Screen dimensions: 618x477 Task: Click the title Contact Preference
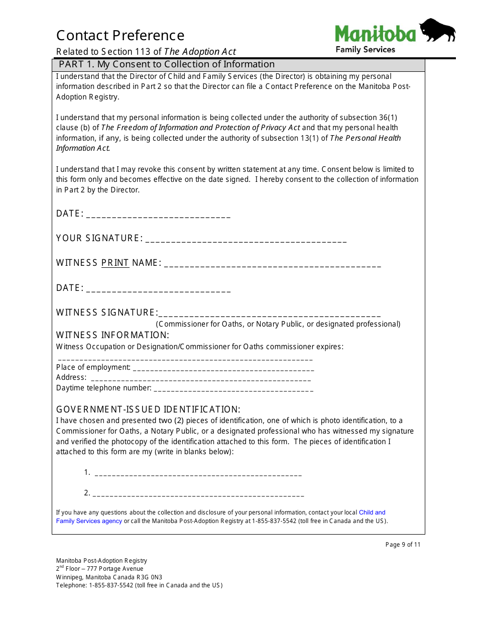point(120,36)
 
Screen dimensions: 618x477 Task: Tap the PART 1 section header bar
point(239,64)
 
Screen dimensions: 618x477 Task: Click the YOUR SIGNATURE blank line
point(246,241)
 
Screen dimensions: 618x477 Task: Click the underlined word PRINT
point(115,263)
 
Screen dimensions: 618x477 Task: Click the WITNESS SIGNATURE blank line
point(269,315)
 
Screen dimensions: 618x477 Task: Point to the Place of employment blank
point(223,369)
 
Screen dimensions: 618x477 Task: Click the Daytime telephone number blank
point(233,390)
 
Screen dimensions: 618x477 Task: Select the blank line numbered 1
point(198,474)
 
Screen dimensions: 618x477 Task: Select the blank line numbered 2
point(199,495)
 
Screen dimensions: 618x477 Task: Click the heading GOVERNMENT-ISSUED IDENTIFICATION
point(148,409)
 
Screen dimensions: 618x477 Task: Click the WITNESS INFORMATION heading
point(112,335)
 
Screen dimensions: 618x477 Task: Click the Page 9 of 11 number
point(403,545)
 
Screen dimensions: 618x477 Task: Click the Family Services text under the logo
point(365,50)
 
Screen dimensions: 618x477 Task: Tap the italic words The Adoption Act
point(200,52)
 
